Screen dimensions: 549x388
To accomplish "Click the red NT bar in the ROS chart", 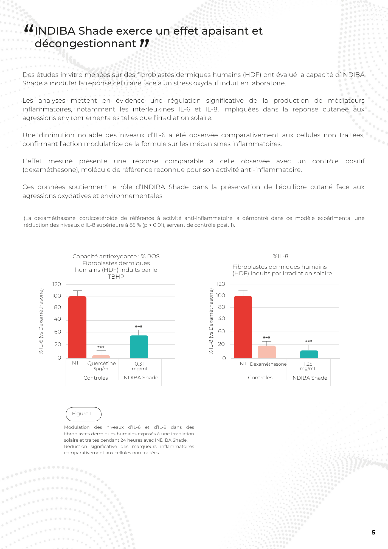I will (x=77, y=327).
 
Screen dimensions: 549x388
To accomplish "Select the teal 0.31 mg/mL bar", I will (x=139, y=346).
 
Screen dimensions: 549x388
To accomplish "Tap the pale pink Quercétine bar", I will (x=101, y=356).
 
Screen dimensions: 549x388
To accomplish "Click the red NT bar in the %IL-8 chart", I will (x=243, y=327).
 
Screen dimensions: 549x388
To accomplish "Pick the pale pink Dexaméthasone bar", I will (x=266, y=352).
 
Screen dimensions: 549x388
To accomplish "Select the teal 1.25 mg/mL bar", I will (x=309, y=354).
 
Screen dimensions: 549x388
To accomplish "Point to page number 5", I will (x=373, y=533).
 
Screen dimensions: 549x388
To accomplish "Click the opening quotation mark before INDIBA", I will (x=29, y=29).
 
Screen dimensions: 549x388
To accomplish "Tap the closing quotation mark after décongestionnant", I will (x=144, y=43).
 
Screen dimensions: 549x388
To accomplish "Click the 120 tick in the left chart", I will (x=57, y=284).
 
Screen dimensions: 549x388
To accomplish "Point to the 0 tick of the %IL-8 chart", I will (x=224, y=358).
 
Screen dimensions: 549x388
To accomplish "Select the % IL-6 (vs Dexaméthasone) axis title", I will (x=41, y=321).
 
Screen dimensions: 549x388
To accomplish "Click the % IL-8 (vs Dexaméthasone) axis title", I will (x=211, y=321).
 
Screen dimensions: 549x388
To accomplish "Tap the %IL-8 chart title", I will (x=280, y=256).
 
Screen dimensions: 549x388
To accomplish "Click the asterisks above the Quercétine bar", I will (x=101, y=347).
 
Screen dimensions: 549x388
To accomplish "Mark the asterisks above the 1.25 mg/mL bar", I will (x=309, y=342).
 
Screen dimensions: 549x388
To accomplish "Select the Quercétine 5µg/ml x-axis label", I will (x=102, y=366).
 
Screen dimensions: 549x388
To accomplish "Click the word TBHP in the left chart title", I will (x=116, y=277).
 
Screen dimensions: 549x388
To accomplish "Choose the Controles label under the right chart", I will (x=260, y=378).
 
